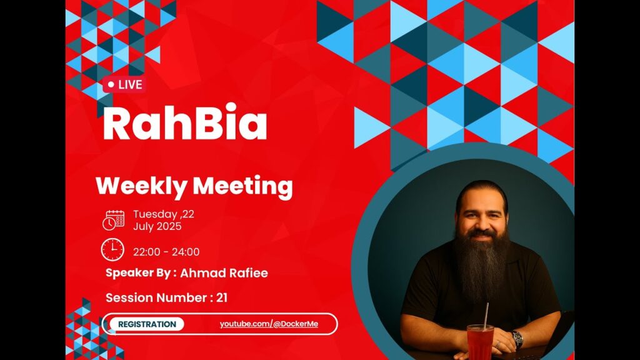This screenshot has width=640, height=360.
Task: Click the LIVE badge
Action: point(124,85)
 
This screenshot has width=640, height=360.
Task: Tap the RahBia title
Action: point(185,122)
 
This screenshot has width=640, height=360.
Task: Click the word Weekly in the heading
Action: point(141,186)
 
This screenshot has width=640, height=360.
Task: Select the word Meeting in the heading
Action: point(242,186)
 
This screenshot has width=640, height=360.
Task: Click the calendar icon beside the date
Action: point(114,221)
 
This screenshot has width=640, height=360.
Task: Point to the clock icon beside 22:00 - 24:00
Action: point(112,250)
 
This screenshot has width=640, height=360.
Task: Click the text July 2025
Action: point(157,226)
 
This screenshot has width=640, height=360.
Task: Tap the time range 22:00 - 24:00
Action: point(166,252)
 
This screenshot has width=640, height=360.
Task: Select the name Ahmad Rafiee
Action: point(224,273)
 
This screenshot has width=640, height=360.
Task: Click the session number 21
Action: point(222,297)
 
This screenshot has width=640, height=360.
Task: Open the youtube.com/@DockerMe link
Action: point(269,324)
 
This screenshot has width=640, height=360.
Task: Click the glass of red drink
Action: point(481,342)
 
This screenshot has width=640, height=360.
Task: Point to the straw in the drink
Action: point(486,316)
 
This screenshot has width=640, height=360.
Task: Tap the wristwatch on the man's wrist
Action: point(517,339)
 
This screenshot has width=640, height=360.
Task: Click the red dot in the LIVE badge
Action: point(111,85)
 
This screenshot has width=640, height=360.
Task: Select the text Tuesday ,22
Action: point(164,214)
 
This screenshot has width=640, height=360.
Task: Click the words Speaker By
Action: point(138,273)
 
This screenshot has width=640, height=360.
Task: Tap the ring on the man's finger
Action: point(498,345)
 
